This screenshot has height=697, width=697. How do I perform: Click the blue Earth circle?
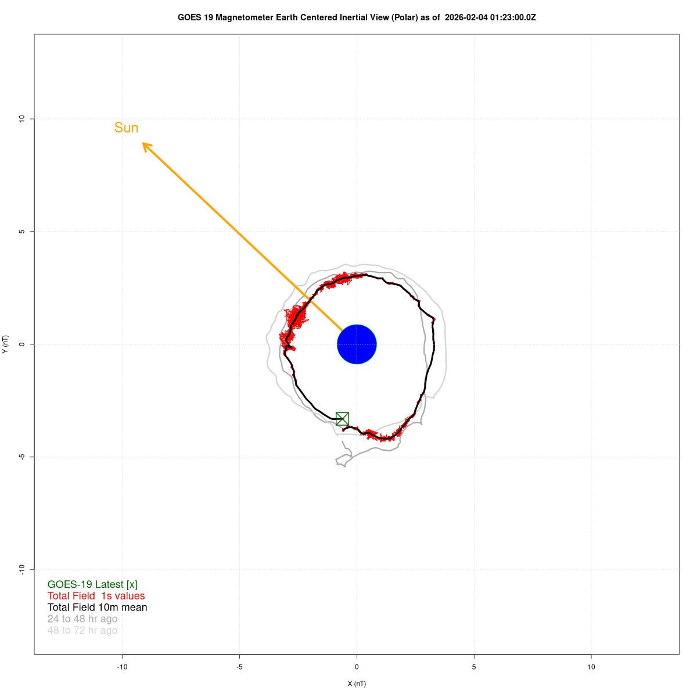(x=357, y=344)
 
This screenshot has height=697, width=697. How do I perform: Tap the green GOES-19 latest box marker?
(x=342, y=419)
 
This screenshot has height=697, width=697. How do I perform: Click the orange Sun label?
(x=126, y=128)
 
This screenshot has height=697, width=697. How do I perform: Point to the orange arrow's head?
(x=144, y=144)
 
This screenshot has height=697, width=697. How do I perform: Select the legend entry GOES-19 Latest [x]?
(x=92, y=584)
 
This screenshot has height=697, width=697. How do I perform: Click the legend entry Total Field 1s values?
(x=96, y=596)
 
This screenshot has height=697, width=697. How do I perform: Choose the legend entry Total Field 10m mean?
(x=97, y=608)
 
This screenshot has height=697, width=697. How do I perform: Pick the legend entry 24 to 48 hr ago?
(x=82, y=619)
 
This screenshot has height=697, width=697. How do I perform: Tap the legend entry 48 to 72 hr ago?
(x=82, y=631)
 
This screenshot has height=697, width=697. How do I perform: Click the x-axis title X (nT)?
(x=357, y=684)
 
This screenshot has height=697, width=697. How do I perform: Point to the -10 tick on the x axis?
(x=122, y=667)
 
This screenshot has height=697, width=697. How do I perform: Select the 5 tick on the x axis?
(x=474, y=667)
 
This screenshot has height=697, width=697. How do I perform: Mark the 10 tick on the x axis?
(x=591, y=667)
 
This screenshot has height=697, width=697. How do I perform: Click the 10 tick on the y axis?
(x=22, y=119)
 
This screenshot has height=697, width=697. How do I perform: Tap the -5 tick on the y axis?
(x=22, y=457)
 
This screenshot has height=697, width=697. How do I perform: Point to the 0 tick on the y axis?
(x=22, y=344)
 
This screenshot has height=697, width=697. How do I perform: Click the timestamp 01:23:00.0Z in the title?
(x=512, y=17)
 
